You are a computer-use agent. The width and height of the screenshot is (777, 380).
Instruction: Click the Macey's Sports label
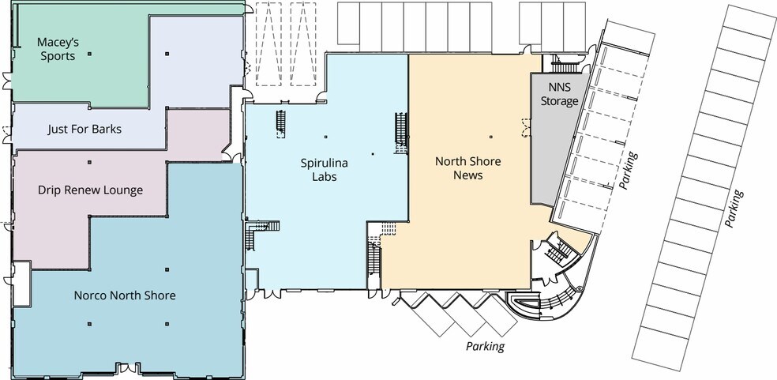coord(58,49)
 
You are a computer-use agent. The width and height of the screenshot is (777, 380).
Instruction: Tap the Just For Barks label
coord(84,130)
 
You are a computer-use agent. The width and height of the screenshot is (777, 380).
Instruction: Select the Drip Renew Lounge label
coord(90,190)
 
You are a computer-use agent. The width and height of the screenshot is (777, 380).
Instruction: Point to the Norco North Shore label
coord(125,295)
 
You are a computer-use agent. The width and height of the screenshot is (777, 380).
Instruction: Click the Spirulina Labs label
coord(324,170)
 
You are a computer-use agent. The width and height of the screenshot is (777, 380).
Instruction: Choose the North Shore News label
coord(467,168)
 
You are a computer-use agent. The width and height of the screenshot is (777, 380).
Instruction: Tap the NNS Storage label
coord(559,94)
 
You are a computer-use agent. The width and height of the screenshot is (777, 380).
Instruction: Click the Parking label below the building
coord(485,346)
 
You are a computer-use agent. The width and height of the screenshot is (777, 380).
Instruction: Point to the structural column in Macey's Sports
coord(89,54)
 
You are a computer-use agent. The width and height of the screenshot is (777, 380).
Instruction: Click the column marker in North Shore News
coord(491,137)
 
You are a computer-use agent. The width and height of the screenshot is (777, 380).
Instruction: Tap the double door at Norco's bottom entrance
coord(128,369)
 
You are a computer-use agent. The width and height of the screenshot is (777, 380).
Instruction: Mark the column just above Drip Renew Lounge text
coord(90,162)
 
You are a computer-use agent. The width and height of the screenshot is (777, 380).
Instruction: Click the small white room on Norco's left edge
coord(21,284)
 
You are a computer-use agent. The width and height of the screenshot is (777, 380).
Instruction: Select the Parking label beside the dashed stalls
coord(629,170)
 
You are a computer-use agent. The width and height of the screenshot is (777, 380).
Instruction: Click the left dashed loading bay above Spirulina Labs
coord(268,44)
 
